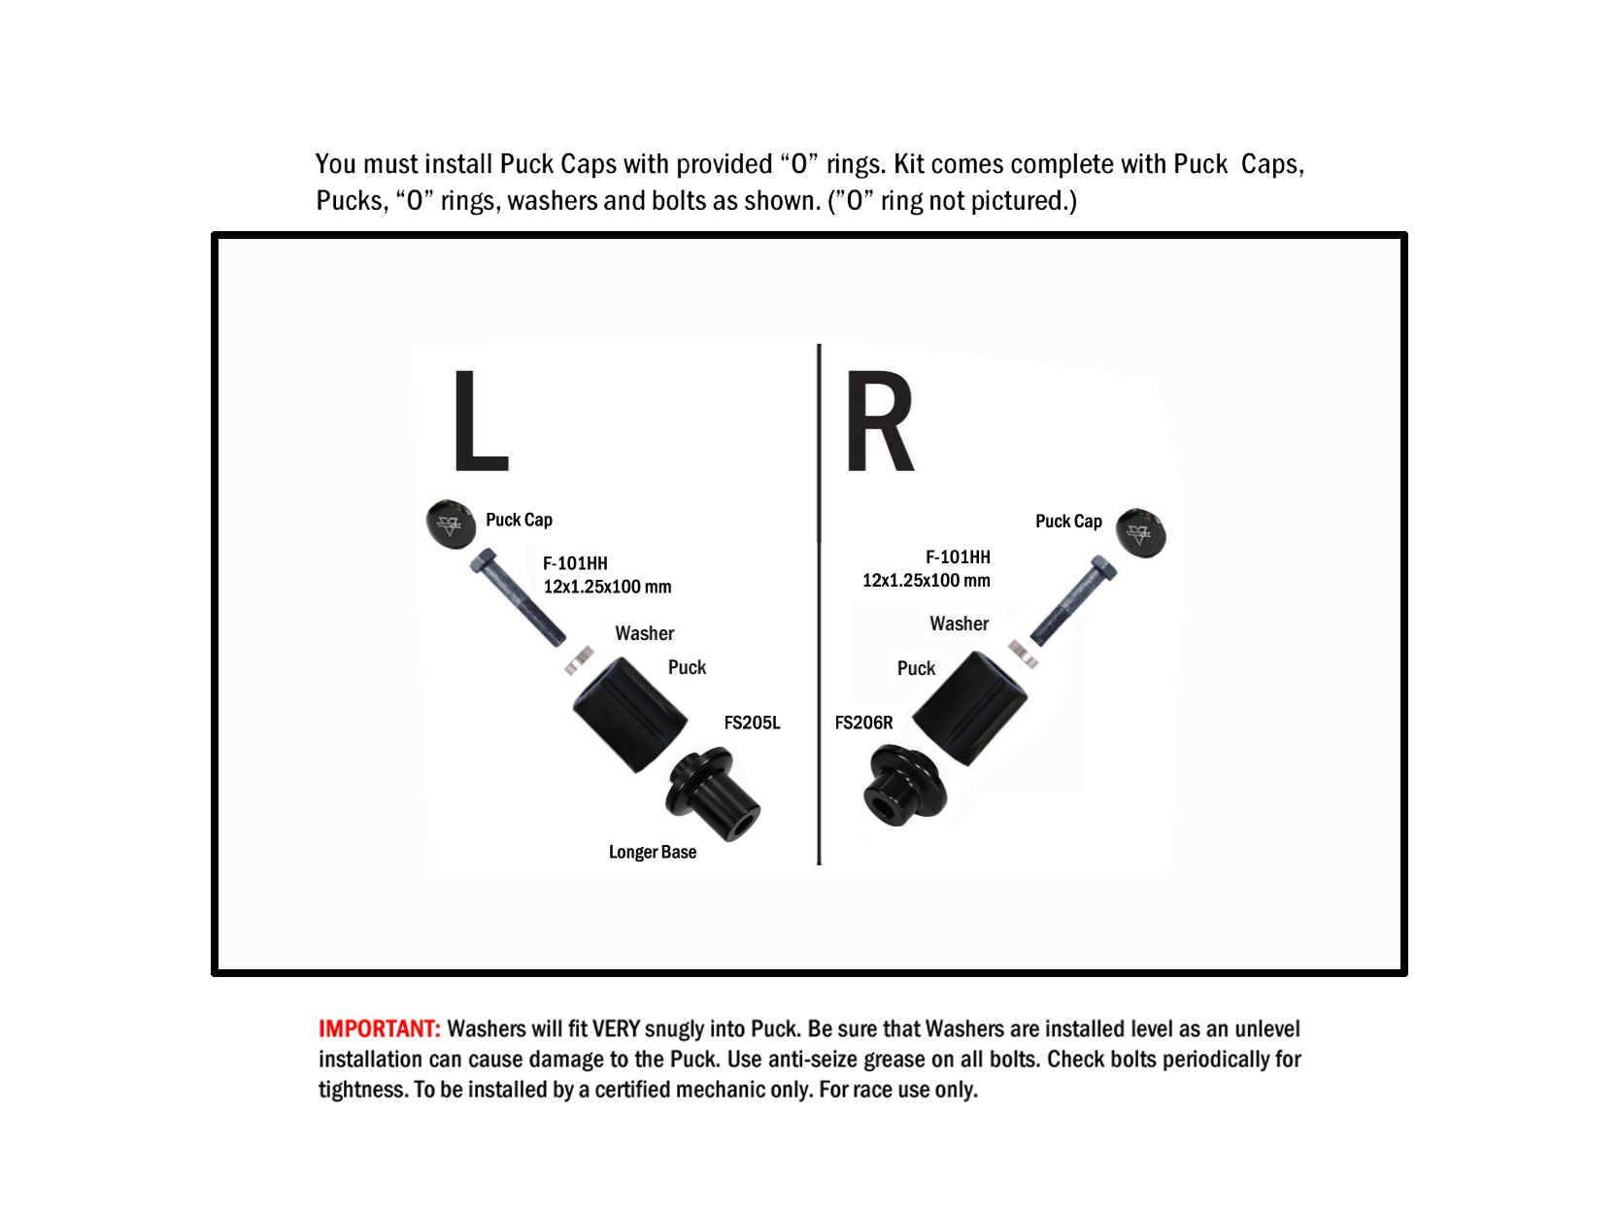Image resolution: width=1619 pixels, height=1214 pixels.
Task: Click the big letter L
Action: [x=480, y=421]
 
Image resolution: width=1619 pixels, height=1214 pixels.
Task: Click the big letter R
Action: [x=879, y=421]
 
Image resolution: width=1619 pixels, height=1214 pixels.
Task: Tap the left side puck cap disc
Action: [x=451, y=524]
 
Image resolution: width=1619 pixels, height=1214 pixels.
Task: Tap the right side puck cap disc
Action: [x=1140, y=532]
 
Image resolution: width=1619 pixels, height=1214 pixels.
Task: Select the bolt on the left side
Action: [x=518, y=597]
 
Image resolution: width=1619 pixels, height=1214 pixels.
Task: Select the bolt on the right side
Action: [x=1073, y=600]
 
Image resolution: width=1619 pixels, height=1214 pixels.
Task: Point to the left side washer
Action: [x=579, y=660]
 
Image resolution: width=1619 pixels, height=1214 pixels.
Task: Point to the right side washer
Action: [x=1024, y=655]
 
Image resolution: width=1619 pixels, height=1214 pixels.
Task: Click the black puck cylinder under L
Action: [x=630, y=715]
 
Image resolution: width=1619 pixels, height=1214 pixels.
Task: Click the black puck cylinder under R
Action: [x=970, y=709]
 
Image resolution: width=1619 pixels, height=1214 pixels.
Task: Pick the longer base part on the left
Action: [x=713, y=793]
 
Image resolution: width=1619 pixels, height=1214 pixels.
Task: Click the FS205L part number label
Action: [x=752, y=723]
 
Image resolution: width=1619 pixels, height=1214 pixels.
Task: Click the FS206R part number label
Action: [x=863, y=723]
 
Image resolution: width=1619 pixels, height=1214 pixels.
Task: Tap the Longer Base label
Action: [x=653, y=853]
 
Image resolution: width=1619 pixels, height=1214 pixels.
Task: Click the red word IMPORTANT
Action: [x=379, y=1029]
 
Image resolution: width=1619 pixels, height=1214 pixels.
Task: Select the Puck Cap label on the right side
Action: [x=1068, y=522]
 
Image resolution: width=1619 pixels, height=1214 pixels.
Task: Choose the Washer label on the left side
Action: [x=645, y=633]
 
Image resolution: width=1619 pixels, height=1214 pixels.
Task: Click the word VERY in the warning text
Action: [x=616, y=1029]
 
